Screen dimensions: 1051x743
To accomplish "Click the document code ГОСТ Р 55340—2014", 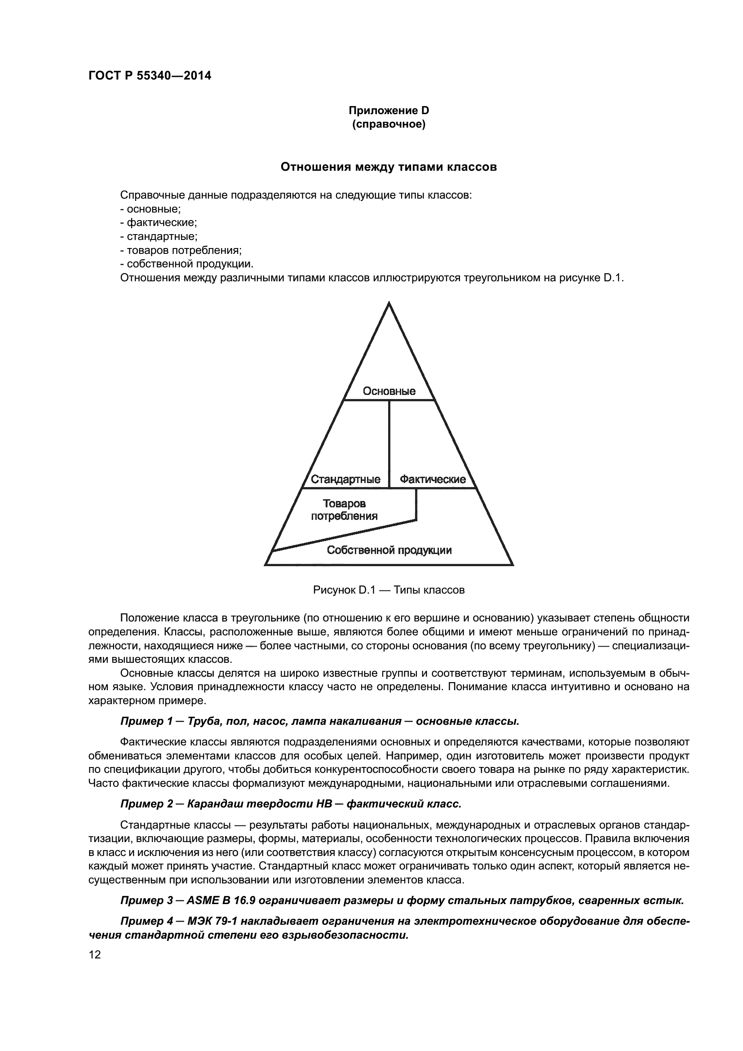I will (x=150, y=76).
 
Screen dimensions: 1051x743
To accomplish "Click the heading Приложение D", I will (x=389, y=111).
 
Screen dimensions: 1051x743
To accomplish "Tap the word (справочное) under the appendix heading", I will (x=389, y=124).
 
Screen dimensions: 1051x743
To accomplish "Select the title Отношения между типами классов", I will (x=389, y=167).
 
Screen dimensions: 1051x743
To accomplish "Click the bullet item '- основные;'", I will (x=150, y=209).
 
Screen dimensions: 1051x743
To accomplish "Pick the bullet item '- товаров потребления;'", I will (x=181, y=250).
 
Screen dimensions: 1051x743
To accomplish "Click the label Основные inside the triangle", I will (x=389, y=391).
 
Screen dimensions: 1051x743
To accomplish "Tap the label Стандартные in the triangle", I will (x=345, y=479).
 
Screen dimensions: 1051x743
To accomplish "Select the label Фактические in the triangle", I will (x=432, y=479).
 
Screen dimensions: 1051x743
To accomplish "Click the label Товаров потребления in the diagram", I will (x=344, y=510).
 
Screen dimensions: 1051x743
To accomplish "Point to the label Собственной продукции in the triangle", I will (x=389, y=550).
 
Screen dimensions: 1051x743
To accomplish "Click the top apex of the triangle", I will (x=389, y=303).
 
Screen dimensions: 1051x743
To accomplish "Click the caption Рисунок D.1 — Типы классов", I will (x=389, y=590).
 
